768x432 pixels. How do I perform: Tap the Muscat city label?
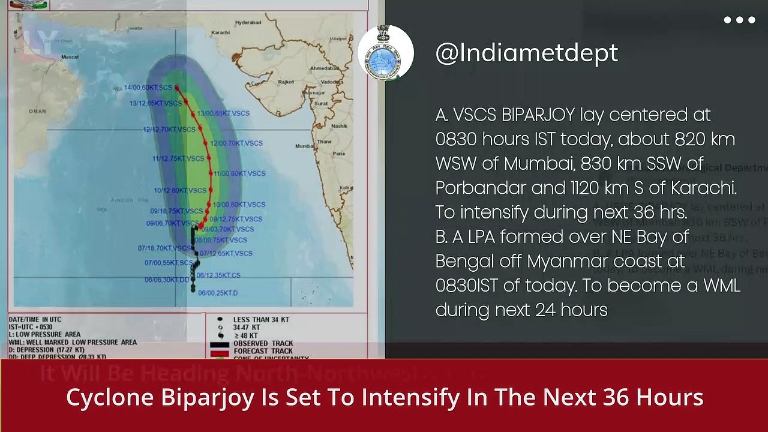click(70, 57)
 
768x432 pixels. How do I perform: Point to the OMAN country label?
click(37, 111)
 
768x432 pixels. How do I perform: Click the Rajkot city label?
click(286, 82)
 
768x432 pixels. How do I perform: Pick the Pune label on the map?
click(339, 154)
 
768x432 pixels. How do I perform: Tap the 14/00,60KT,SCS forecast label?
click(148, 88)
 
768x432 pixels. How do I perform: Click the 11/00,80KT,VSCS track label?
click(239, 173)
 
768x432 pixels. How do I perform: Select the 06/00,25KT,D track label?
click(218, 293)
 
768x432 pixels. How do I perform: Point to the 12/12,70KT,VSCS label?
click(169, 129)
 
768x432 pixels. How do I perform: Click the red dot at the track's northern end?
click(177, 88)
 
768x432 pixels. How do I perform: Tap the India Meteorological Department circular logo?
click(386, 53)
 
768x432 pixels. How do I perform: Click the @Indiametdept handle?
click(526, 53)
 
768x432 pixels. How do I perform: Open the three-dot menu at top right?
click(739, 20)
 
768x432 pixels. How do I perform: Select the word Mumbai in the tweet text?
click(534, 163)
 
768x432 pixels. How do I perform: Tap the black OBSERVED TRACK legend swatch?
click(220, 344)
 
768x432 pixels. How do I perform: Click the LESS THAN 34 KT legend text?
click(260, 320)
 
